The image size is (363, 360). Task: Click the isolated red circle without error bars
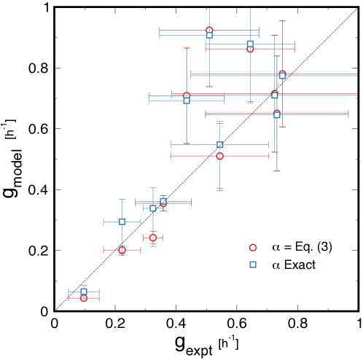click(x=253, y=248)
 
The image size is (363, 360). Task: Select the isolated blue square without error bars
click(x=253, y=265)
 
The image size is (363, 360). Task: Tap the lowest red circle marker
click(x=84, y=298)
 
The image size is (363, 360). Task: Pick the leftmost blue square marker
click(x=84, y=291)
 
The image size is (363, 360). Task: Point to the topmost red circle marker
click(x=209, y=31)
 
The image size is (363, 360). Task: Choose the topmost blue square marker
click(x=209, y=35)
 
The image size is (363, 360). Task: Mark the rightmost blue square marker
click(x=282, y=75)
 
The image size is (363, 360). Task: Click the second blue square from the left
click(x=122, y=222)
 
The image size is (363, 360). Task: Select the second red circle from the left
click(x=122, y=250)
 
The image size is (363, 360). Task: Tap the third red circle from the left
click(x=153, y=238)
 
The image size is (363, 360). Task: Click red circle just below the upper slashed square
click(x=219, y=156)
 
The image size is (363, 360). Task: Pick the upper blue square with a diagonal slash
click(x=219, y=145)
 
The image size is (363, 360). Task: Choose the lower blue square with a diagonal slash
click(x=163, y=201)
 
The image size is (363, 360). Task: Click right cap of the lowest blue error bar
click(x=99, y=291)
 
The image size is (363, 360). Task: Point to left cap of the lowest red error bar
click(x=69, y=298)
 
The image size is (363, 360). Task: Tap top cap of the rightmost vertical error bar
click(x=282, y=21)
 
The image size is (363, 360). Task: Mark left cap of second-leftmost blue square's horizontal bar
click(x=104, y=222)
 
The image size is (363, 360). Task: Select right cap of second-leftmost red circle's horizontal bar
click(x=140, y=250)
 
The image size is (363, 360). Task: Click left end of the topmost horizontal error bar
click(x=160, y=31)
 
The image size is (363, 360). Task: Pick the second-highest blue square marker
click(x=250, y=44)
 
